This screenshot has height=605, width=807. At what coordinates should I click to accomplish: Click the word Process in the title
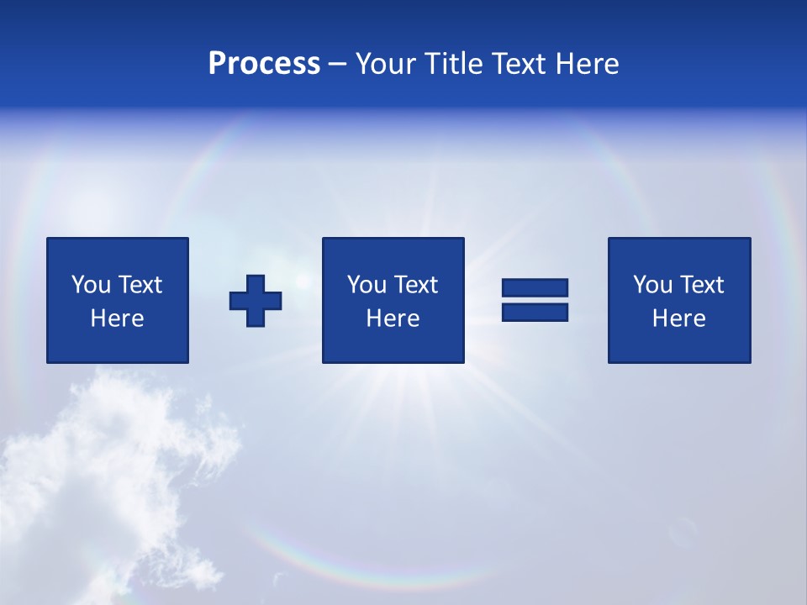tap(264, 64)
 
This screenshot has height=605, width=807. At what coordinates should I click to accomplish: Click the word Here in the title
tap(588, 64)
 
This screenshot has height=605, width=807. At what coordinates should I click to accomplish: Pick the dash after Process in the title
tap(338, 65)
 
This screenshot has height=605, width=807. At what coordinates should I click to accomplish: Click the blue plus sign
tap(256, 301)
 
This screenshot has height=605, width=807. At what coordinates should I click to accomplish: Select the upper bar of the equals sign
tap(535, 287)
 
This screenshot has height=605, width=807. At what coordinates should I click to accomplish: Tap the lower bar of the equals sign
tap(535, 312)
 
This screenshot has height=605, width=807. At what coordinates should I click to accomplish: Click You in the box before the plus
tap(91, 285)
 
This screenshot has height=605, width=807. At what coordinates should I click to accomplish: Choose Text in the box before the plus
tap(140, 285)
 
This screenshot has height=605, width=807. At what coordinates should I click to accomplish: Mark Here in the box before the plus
tap(117, 318)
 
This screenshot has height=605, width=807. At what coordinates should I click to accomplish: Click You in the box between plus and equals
tap(367, 285)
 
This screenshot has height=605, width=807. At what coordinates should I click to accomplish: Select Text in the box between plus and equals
tap(415, 285)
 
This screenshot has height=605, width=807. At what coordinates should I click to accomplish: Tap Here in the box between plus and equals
tap(393, 318)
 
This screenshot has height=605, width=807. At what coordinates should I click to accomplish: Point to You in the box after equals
tap(652, 285)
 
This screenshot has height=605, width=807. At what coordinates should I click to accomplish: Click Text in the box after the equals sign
tap(701, 285)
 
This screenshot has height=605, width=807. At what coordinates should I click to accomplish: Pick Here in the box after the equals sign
tap(678, 318)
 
